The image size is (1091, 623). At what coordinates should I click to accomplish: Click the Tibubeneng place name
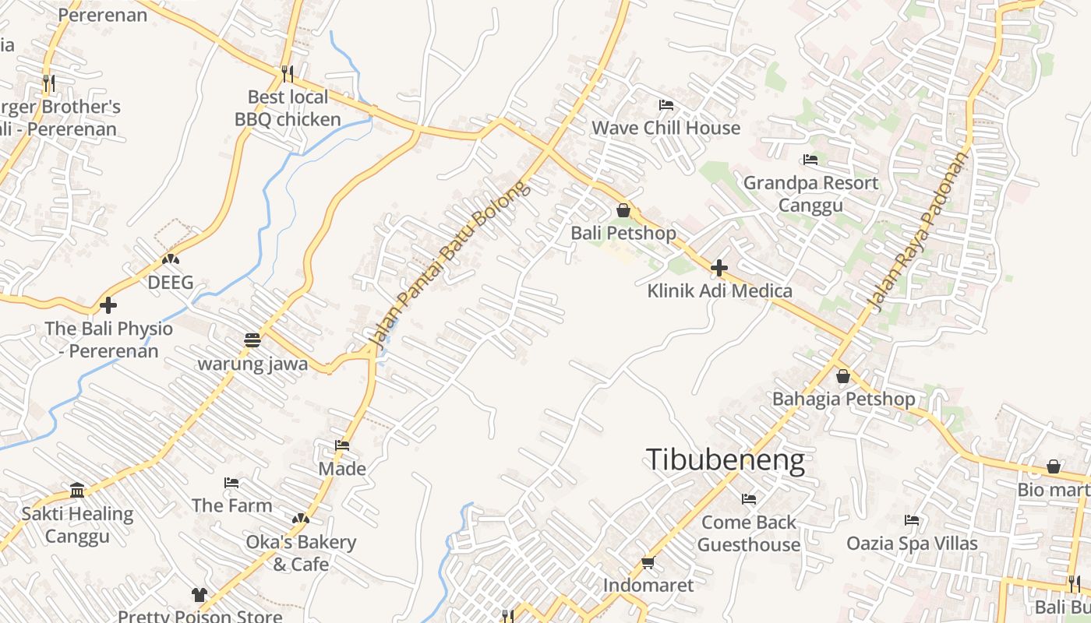click(725, 460)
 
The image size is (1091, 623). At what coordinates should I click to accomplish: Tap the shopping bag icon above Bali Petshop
click(623, 210)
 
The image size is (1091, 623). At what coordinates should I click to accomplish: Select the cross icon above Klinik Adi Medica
click(719, 269)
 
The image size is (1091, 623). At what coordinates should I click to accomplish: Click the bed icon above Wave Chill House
click(666, 104)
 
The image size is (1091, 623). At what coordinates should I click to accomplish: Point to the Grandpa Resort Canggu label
click(810, 194)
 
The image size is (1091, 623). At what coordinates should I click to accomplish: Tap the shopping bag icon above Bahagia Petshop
click(842, 377)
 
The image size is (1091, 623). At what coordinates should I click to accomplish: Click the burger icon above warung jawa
click(252, 340)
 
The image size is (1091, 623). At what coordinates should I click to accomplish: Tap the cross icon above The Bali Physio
click(108, 304)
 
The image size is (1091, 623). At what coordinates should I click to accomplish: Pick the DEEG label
click(171, 283)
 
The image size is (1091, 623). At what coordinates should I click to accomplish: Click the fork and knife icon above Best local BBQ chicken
click(288, 74)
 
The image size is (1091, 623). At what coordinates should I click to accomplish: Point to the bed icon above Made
click(341, 445)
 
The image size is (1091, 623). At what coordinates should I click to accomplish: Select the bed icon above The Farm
click(231, 483)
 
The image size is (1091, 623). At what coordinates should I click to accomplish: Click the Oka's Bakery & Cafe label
click(301, 553)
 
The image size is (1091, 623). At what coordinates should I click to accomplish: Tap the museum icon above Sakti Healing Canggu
click(77, 491)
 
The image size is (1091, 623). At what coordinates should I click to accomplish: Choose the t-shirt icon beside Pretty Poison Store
click(199, 595)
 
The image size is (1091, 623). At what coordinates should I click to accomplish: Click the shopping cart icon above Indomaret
click(648, 562)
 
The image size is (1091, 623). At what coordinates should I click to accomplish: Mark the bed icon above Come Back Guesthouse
click(749, 498)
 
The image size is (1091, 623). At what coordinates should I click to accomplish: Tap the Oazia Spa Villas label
click(912, 543)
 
